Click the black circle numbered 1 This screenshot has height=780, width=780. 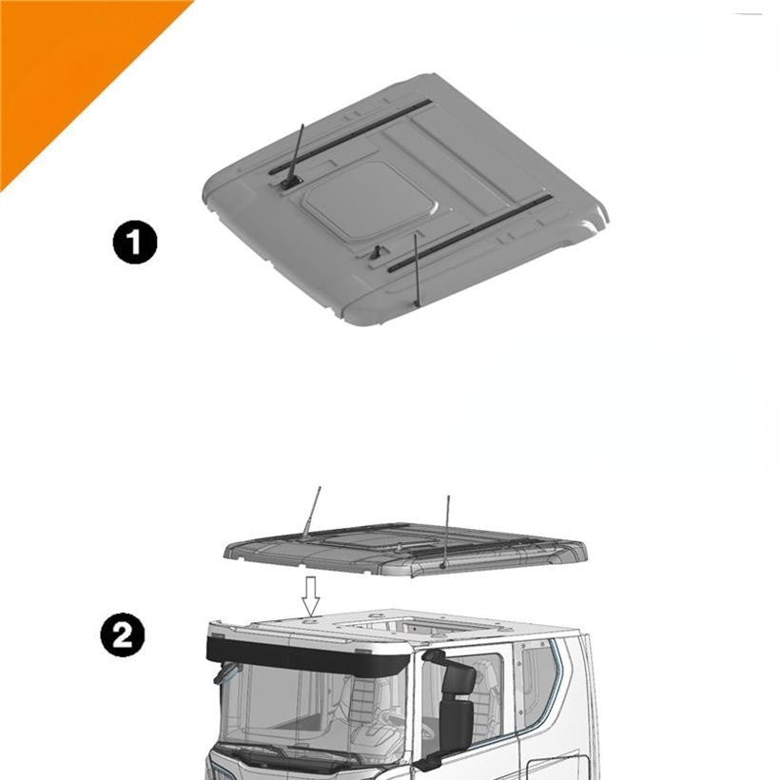(x=134, y=243)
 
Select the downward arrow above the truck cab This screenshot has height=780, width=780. (x=311, y=596)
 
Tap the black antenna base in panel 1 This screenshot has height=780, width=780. (x=289, y=183)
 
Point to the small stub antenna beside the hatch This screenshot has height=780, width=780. (x=376, y=252)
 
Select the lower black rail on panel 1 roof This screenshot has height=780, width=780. (x=469, y=233)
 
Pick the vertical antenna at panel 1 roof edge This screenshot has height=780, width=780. (x=417, y=270)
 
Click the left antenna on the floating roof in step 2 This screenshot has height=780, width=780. (x=310, y=513)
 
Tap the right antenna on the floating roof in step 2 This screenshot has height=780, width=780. (x=446, y=532)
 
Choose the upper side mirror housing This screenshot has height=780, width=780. (x=461, y=680)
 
